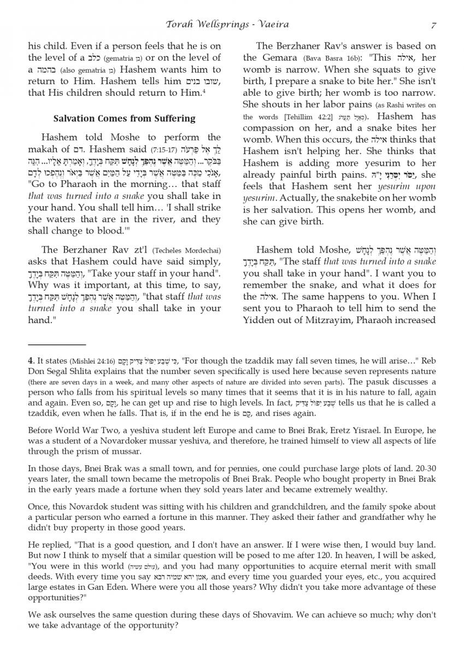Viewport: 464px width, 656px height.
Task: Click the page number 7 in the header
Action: click(x=433, y=25)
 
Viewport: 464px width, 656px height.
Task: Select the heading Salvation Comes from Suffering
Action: click(x=124, y=119)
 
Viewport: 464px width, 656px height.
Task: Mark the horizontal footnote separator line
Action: click(x=56, y=344)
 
